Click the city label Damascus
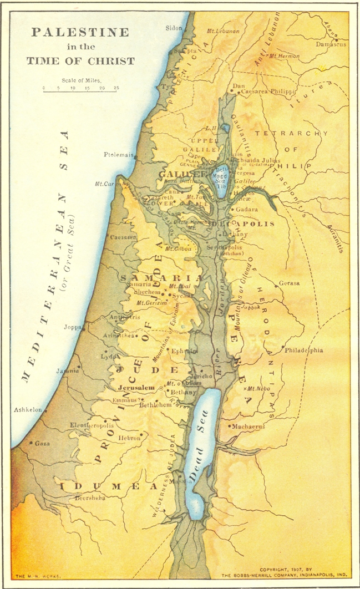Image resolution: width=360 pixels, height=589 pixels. pyautogui.click(x=331, y=44)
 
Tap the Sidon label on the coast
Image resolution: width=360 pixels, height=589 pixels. pyautogui.click(x=174, y=27)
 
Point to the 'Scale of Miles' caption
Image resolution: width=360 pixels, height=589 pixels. pyautogui.click(x=81, y=80)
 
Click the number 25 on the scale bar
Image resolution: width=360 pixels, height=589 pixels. pyautogui.click(x=116, y=88)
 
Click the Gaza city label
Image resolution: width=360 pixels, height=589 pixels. pyautogui.click(x=42, y=444)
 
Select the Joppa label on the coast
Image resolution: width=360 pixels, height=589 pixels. pyautogui.click(x=73, y=327)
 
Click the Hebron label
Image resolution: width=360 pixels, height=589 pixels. pyautogui.click(x=129, y=438)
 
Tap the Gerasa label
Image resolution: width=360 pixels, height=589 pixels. pyautogui.click(x=290, y=283)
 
